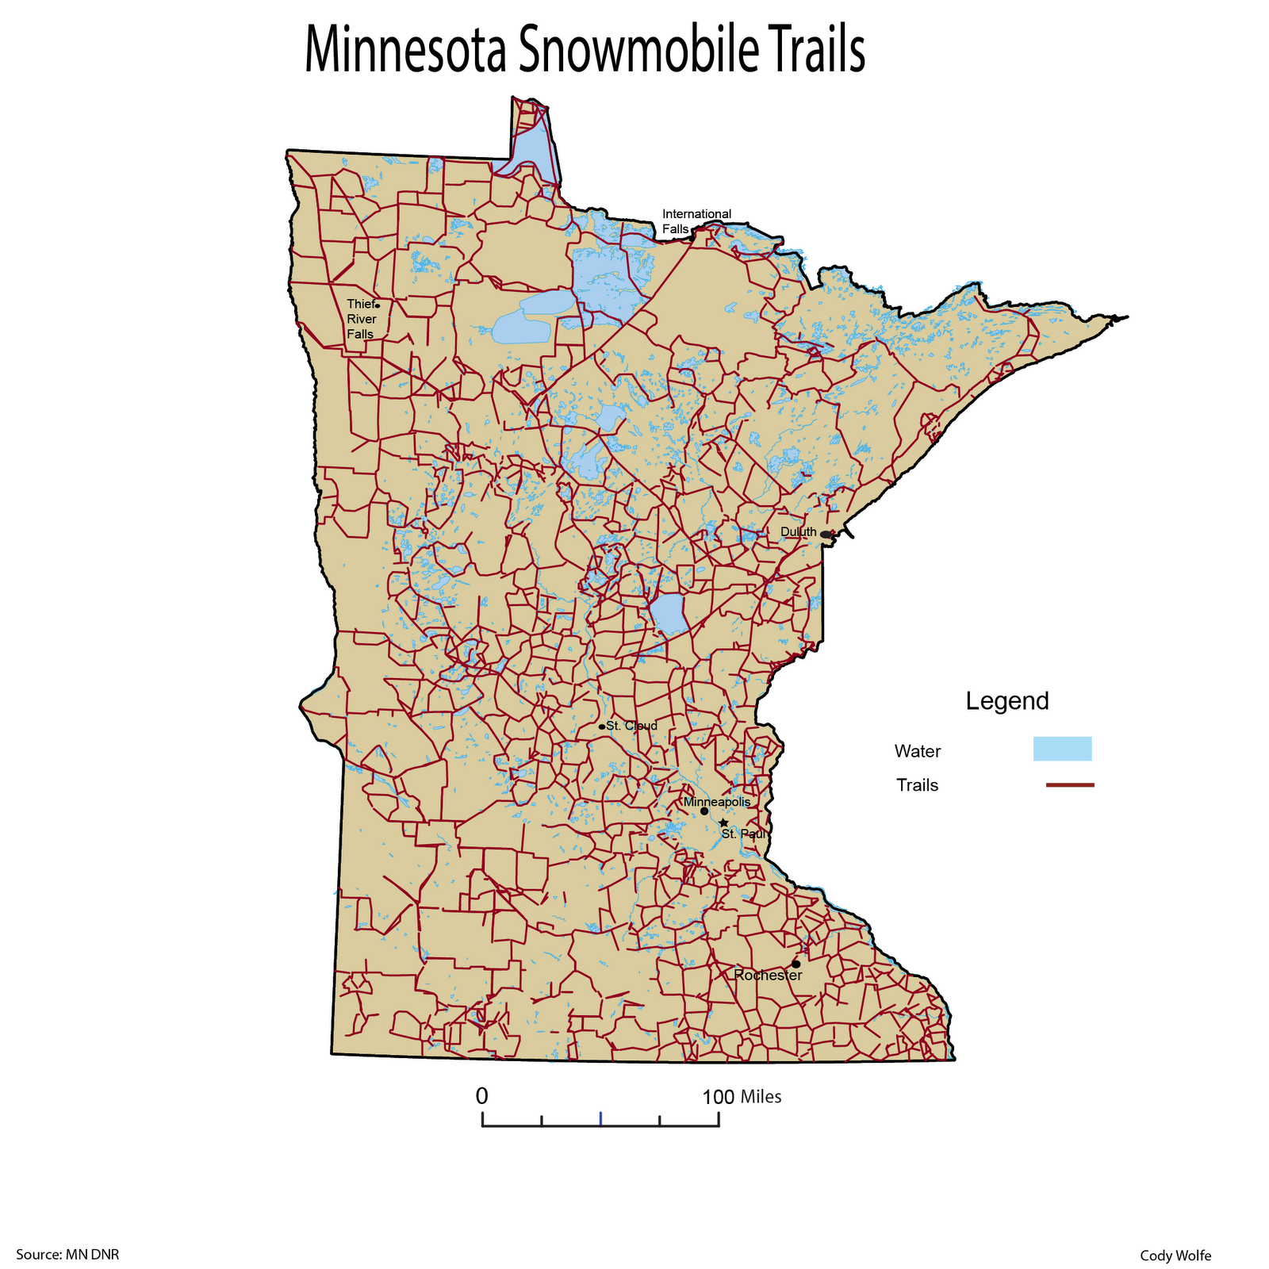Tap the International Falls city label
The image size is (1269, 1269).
(696, 221)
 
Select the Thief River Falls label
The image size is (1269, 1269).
(361, 319)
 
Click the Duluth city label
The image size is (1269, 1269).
(798, 532)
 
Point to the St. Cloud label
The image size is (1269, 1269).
(631, 726)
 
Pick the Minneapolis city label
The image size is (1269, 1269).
(716, 802)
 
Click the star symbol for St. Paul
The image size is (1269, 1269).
(723, 823)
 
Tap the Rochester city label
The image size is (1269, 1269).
(768, 976)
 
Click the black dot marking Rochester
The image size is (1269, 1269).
(796, 964)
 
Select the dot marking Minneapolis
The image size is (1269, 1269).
(704, 811)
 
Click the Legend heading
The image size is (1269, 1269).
(1007, 701)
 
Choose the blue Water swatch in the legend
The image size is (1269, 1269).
(1062, 749)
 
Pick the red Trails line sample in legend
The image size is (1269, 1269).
(1070, 785)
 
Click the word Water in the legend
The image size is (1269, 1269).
(917, 751)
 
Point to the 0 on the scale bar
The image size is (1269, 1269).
(481, 1096)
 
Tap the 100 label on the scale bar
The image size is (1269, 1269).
(719, 1097)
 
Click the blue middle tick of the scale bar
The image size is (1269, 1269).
(601, 1118)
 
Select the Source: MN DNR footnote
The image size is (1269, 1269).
(67, 1255)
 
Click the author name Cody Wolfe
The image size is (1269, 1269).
(1175, 1256)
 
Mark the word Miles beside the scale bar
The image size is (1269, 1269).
(761, 1097)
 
